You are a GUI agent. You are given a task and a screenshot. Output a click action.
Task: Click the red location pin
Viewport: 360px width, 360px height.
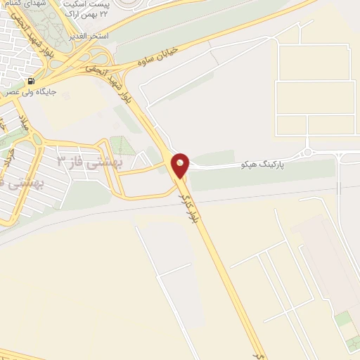point(181,165)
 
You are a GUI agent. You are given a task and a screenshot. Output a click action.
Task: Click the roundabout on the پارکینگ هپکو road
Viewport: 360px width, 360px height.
point(307,152)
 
